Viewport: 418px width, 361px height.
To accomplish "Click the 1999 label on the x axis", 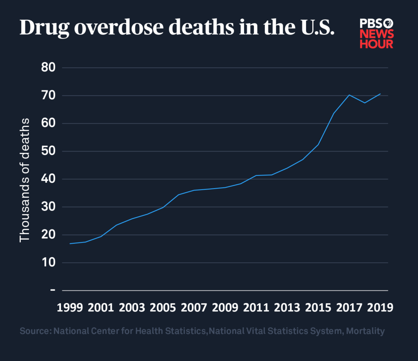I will pos(69,307).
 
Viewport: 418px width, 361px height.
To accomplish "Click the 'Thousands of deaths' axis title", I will pos(25,180).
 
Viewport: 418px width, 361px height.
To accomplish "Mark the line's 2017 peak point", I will pos(349,95).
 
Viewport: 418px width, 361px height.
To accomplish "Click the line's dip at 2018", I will pos(365,103).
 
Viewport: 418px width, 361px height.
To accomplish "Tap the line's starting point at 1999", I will pos(70,244).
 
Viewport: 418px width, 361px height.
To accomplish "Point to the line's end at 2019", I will pos(380,94).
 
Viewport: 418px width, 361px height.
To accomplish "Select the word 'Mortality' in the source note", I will pos(365,332).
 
